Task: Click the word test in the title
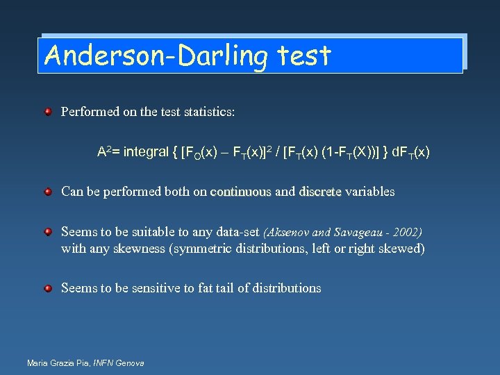[303, 56]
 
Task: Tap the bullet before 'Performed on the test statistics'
[48, 111]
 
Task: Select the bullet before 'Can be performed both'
[48, 191]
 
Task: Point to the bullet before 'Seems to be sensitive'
[48, 287]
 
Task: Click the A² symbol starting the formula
[106, 151]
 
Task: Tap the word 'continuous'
[241, 192]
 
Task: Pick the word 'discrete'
[320, 192]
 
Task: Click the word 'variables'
[370, 192]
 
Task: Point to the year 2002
[409, 232]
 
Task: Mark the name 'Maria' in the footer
[37, 363]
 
